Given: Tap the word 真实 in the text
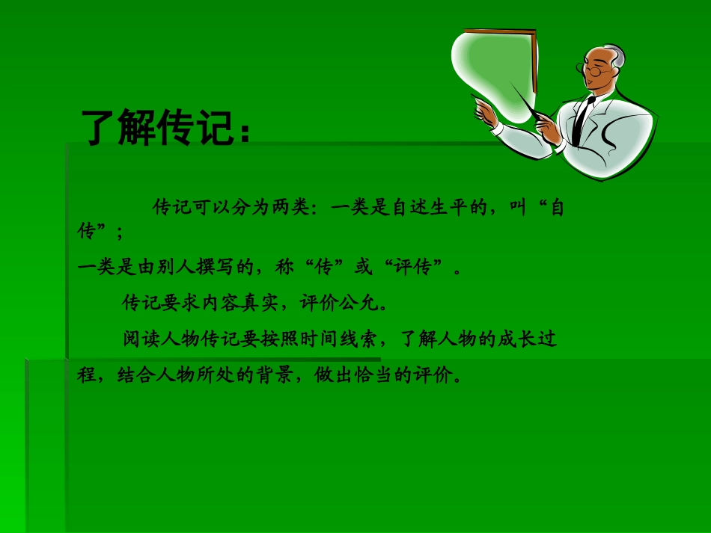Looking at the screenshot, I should tap(260, 304).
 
